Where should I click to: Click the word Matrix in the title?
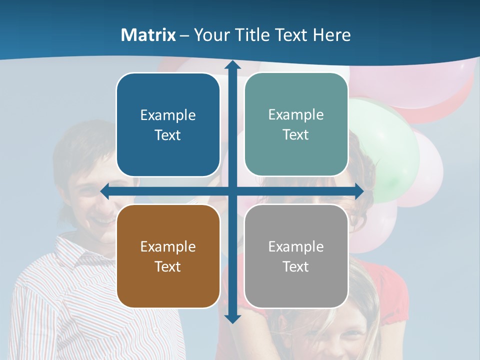tap(148, 35)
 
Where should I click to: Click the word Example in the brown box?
tap(168, 246)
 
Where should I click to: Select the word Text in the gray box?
tap(296, 266)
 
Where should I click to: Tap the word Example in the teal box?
tap(296, 114)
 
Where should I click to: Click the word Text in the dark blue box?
tap(168, 135)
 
